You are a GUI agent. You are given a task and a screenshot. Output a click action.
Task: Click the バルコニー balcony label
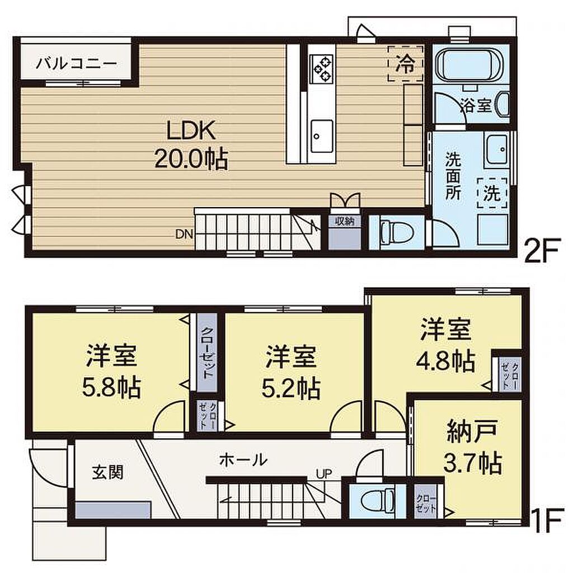point(76,63)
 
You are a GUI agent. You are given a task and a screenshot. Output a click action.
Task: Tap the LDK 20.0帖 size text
point(191,159)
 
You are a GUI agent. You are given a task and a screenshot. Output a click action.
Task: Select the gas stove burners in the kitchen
point(321,69)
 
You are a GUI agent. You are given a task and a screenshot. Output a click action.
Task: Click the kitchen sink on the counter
point(322,137)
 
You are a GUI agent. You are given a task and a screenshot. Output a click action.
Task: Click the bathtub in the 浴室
point(471,66)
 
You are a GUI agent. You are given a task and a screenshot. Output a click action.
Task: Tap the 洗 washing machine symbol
point(492,193)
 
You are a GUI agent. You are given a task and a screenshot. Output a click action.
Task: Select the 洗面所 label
point(453,176)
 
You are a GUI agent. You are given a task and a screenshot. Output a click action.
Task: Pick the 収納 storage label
point(345,220)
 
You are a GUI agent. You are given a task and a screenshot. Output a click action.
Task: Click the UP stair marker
point(324,474)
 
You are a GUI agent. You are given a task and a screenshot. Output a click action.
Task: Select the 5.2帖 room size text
point(291,388)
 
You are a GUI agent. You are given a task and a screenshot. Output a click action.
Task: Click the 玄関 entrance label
point(108,472)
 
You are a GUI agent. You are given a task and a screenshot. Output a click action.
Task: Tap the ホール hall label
point(243,460)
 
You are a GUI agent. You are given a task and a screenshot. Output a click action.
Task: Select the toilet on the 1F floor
point(377,500)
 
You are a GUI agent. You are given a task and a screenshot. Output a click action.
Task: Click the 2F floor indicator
point(542,250)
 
